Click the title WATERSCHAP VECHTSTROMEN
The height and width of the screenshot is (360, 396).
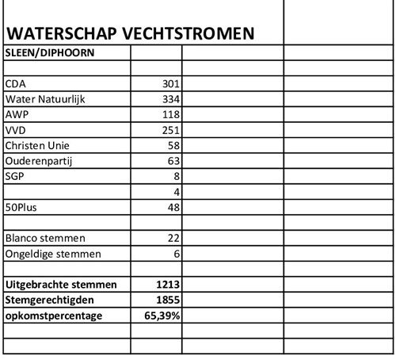click(130, 34)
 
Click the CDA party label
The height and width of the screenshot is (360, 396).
click(17, 83)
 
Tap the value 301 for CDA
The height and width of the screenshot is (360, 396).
click(170, 83)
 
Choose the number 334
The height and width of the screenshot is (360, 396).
click(170, 99)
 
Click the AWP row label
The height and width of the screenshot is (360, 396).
click(18, 114)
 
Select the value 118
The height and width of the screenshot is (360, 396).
click(170, 114)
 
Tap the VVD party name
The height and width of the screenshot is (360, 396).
click(17, 130)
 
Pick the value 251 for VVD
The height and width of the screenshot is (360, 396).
click(170, 130)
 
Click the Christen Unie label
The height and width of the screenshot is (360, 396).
click(38, 145)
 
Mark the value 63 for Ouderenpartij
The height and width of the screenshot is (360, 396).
click(174, 161)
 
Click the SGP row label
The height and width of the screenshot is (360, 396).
click(15, 176)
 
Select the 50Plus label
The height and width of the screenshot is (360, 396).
click(21, 207)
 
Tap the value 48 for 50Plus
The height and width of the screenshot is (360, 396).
click(174, 207)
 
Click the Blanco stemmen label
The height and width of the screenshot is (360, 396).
click(46, 238)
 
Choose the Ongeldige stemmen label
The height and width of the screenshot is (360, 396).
click(52, 254)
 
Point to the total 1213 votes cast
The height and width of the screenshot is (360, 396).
click(168, 284)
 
